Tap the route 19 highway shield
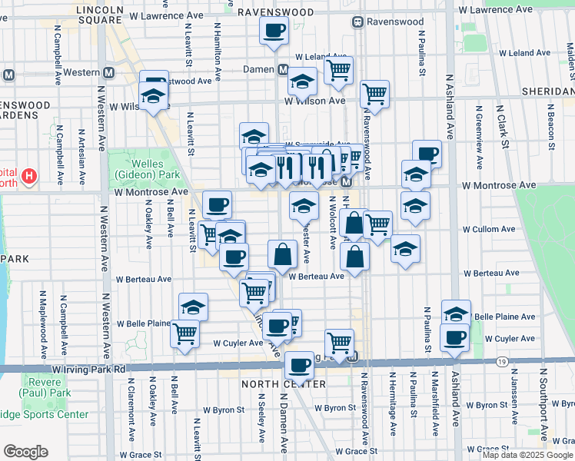(x=500, y=360)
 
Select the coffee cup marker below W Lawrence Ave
(x=274, y=32)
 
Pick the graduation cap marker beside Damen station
(x=303, y=81)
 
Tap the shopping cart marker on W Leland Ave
(x=338, y=71)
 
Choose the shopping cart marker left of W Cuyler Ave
(x=185, y=334)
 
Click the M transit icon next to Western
(x=109, y=73)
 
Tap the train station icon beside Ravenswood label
(x=358, y=22)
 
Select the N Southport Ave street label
(x=543, y=400)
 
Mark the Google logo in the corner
(x=27, y=452)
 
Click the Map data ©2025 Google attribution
(x=527, y=455)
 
